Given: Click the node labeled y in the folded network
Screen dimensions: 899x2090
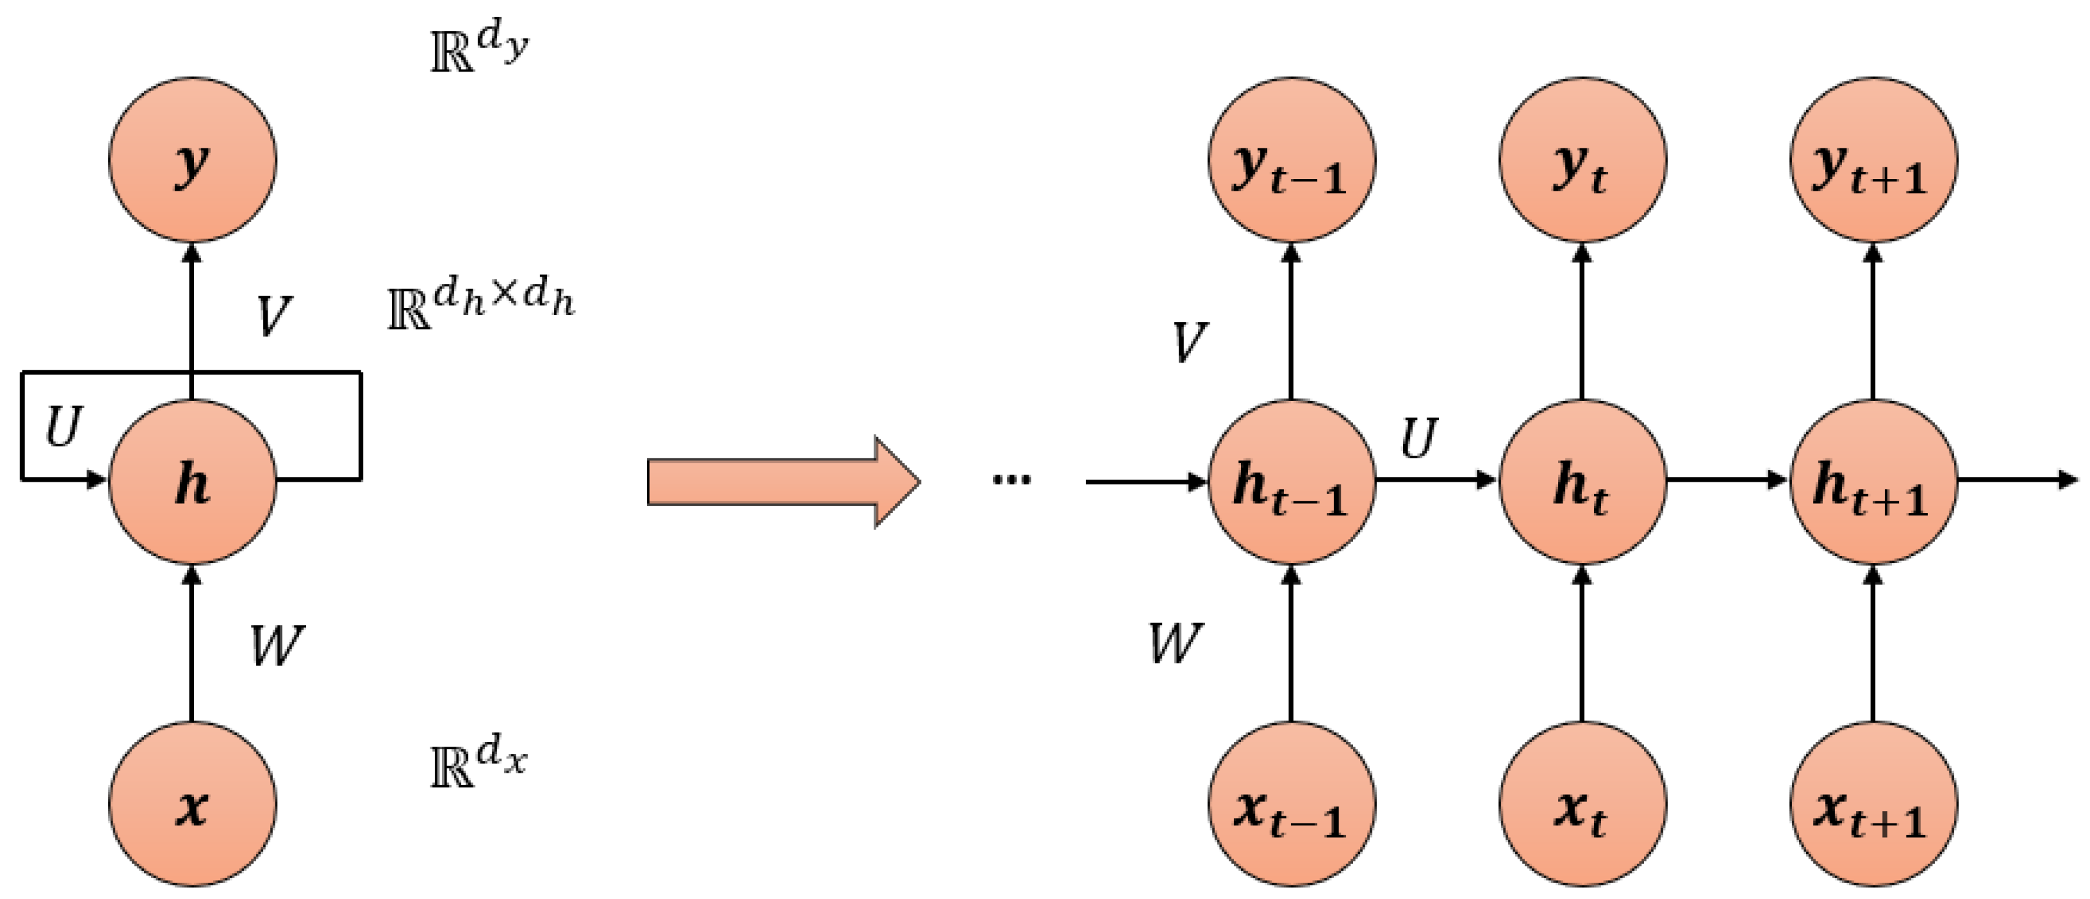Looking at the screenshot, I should pos(192,160).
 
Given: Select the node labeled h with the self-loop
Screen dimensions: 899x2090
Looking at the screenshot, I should pos(192,481).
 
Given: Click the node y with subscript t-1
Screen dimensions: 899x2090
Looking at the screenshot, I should pos(1291,160).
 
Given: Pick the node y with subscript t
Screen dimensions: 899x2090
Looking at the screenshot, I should pos(1582,160).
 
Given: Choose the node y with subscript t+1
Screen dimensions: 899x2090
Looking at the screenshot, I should pos(1873,160).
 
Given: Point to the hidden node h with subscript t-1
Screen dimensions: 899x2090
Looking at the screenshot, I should pos(1291,481).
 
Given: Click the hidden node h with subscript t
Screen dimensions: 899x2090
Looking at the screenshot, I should pos(1582,481).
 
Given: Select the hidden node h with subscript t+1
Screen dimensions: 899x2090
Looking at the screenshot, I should pos(1873,481).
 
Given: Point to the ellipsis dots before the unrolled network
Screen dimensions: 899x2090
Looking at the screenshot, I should pos(1011,480).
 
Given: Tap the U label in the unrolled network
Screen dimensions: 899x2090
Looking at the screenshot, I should pos(1418,438).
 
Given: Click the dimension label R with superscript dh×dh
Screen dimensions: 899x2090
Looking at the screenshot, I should pos(481,307).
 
